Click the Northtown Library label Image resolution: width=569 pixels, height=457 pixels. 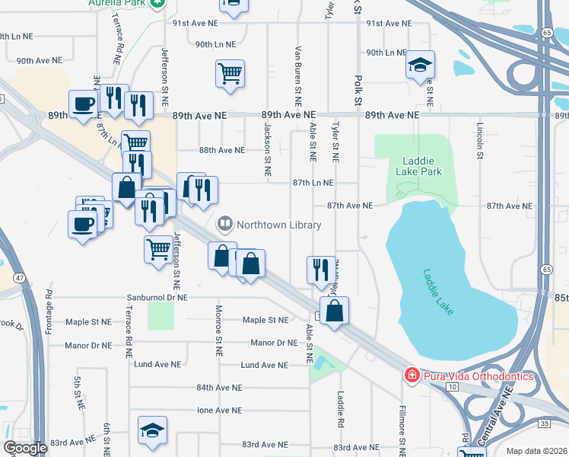tap(278, 225)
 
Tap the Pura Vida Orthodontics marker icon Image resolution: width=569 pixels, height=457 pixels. tap(411, 375)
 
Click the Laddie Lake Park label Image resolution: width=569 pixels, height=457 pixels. tap(418, 166)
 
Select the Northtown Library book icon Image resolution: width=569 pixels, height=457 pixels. tap(225, 224)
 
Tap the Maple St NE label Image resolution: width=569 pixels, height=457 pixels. tap(265, 320)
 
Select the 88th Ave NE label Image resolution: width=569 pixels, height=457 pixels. tap(221, 150)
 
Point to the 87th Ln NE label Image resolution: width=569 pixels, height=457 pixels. tap(313, 183)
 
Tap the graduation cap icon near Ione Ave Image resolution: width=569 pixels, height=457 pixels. tap(153, 430)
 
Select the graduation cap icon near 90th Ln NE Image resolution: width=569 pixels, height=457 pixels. tap(419, 66)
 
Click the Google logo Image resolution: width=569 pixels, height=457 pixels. tap(25, 448)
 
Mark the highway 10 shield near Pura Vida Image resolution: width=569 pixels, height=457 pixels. tap(452, 387)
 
